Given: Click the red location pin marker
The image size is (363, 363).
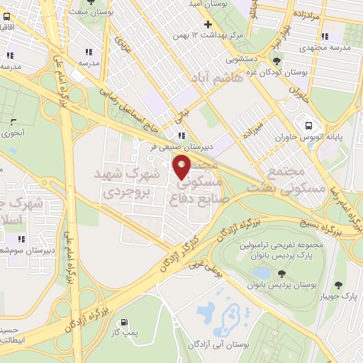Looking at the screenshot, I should pos(182,167).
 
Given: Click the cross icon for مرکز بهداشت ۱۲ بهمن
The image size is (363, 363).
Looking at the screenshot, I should pos(207,23).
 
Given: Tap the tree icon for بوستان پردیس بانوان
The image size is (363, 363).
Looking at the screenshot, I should pos(282,273).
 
